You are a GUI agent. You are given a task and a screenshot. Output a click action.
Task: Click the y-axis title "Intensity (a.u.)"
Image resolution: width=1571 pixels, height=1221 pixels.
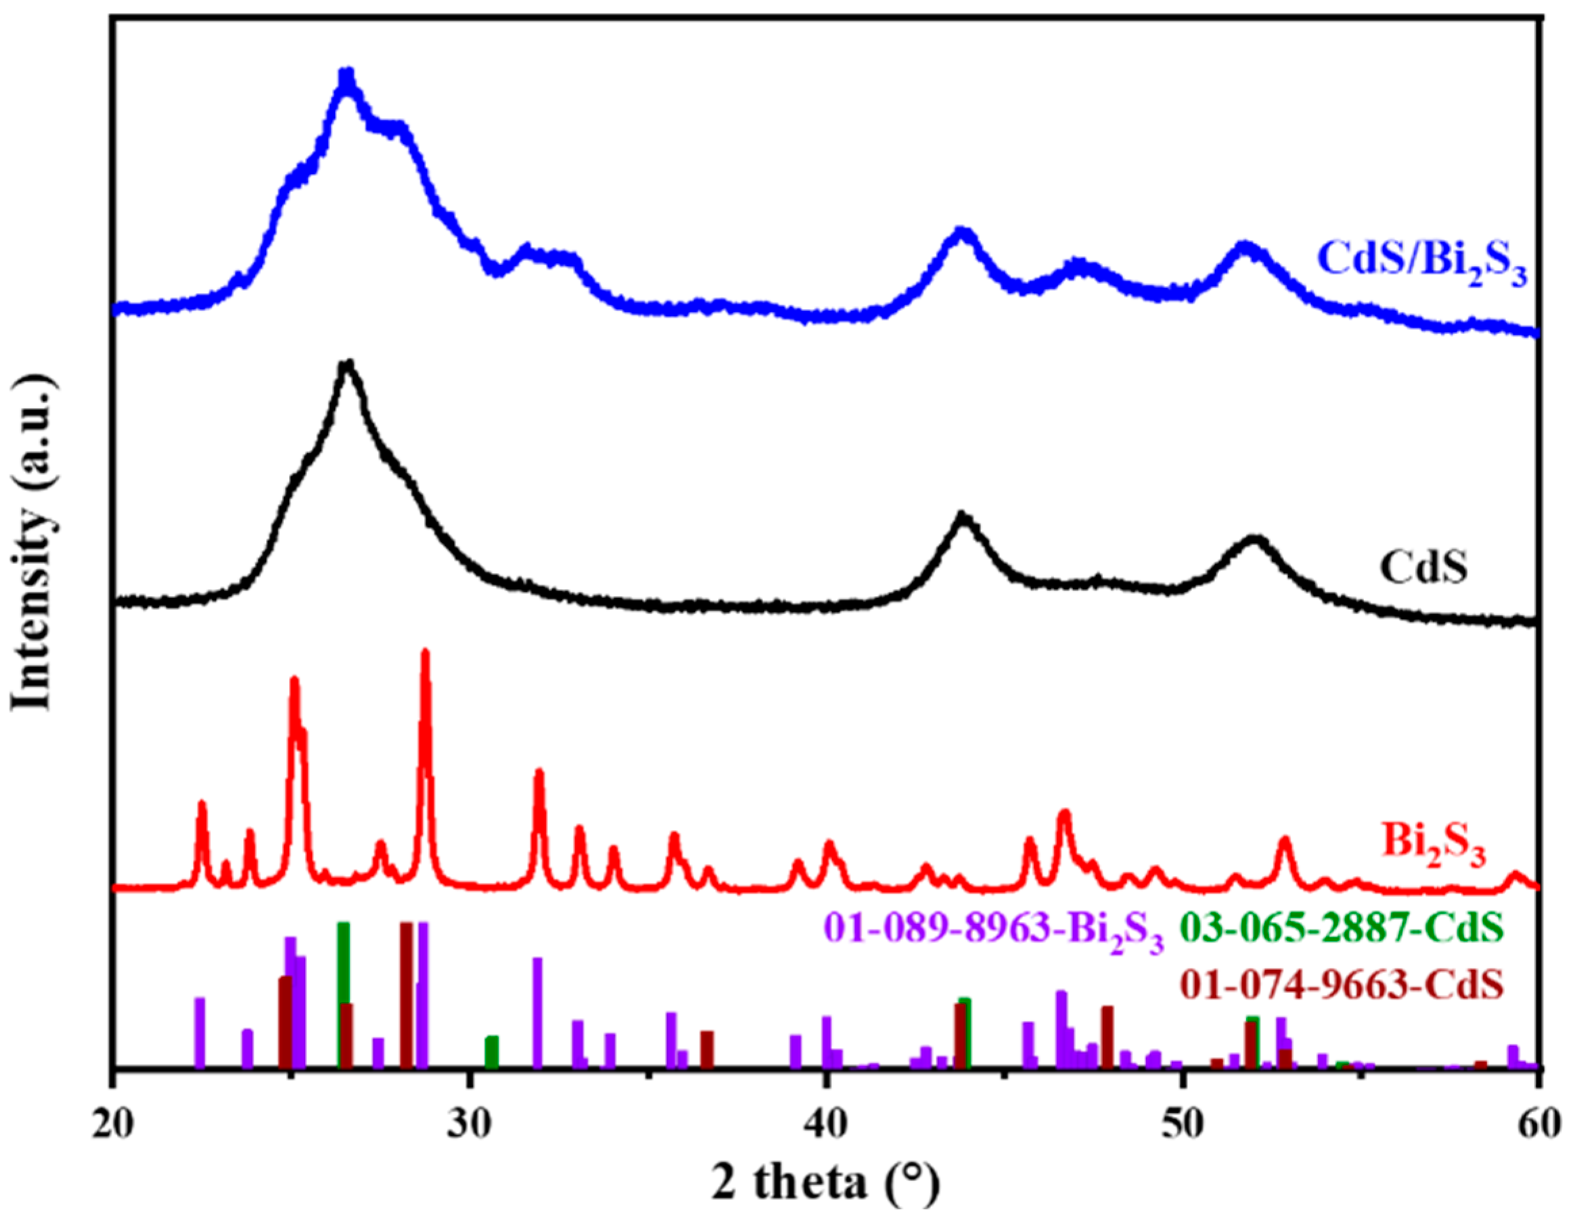[x=32, y=552]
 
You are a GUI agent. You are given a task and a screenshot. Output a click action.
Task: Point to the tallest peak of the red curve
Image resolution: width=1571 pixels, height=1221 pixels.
[x=425, y=653]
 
